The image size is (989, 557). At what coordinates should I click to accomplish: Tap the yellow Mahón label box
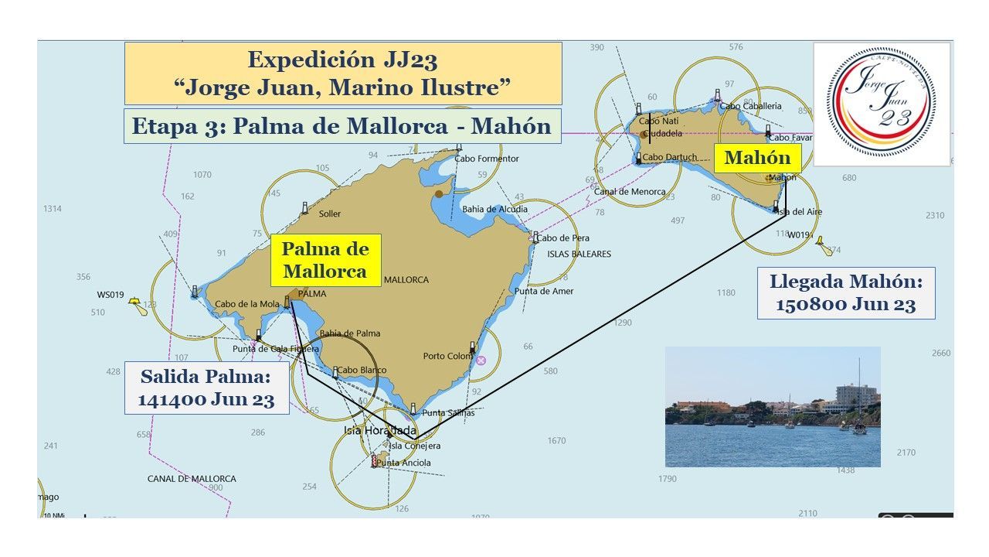(x=757, y=159)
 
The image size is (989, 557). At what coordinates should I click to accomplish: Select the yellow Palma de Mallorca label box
(x=325, y=261)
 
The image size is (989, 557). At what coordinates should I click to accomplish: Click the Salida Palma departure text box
(x=207, y=388)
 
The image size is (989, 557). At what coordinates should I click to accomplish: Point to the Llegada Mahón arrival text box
(x=846, y=292)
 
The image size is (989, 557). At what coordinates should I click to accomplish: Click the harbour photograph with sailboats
(x=773, y=407)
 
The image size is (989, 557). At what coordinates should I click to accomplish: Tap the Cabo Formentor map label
(x=487, y=159)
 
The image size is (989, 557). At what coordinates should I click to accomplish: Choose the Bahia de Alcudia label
(x=495, y=209)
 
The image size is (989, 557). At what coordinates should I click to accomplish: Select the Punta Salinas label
(x=448, y=413)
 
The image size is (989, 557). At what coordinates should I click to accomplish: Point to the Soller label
(x=329, y=214)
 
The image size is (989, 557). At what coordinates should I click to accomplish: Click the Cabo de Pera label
(x=563, y=238)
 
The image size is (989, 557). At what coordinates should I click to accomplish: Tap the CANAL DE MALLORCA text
(x=192, y=479)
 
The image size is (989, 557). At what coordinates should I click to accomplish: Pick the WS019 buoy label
(x=110, y=295)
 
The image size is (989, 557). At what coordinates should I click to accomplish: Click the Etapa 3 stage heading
(x=342, y=126)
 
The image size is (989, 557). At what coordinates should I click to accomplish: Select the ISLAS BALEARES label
(x=579, y=254)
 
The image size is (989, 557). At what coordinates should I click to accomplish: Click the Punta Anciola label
(x=403, y=463)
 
